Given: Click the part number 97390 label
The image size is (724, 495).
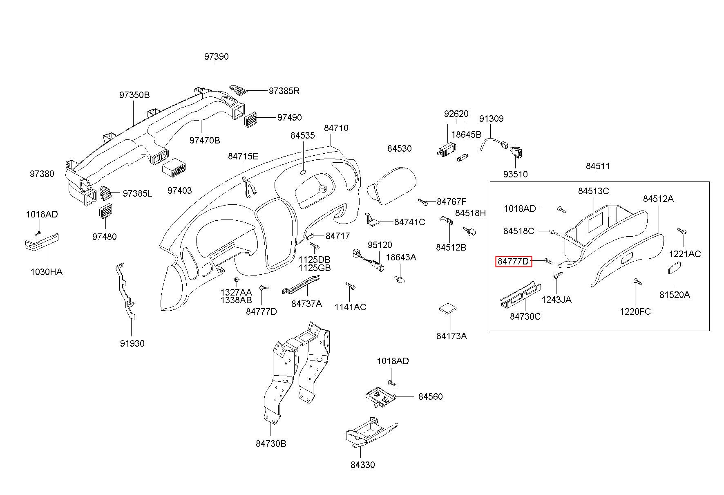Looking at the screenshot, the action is click(x=216, y=56).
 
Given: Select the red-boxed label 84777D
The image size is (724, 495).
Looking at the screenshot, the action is click(x=514, y=261).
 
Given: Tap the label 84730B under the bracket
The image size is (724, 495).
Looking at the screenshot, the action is click(x=271, y=443).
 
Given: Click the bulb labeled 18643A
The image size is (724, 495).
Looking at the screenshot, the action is click(x=399, y=278).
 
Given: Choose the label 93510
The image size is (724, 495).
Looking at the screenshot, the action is click(x=515, y=174).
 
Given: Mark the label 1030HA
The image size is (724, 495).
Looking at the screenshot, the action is click(x=47, y=272).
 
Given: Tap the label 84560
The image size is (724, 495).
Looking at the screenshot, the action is click(x=430, y=396).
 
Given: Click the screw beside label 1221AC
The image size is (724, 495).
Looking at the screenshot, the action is click(x=682, y=231).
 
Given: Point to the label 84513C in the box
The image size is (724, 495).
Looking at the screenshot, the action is click(x=593, y=191).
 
